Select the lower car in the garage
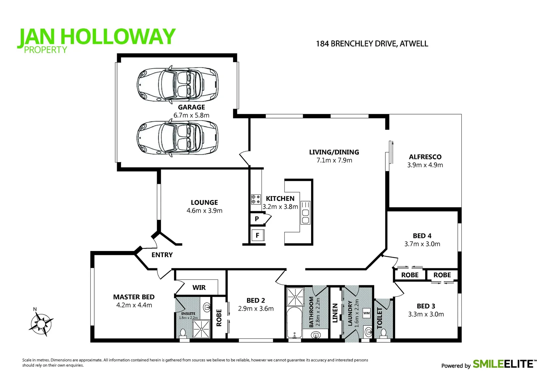point(177,138)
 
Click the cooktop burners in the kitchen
point(256,199)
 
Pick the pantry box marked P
point(257,219)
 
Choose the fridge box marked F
point(258,235)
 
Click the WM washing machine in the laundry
point(366,313)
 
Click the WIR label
point(199,287)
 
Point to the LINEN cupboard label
point(335,313)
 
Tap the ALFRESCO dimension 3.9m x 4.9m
point(425,165)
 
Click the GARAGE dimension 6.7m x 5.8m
point(191,116)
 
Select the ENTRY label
point(162,255)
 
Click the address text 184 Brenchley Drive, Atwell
point(372,44)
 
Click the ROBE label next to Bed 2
point(219,318)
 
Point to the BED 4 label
point(422,236)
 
